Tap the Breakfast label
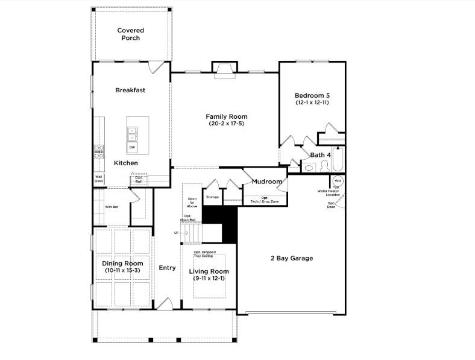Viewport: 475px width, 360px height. [x=130, y=90]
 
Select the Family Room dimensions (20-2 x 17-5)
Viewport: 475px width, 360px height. [x=226, y=124]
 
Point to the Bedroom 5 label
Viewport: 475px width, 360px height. [x=312, y=95]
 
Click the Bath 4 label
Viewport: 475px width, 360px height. [x=320, y=155]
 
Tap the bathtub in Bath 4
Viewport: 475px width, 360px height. [x=339, y=159]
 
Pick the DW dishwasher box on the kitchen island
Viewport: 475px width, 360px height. [x=132, y=148]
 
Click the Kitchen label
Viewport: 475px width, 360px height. [x=126, y=163]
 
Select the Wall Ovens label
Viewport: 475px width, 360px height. [x=98, y=179]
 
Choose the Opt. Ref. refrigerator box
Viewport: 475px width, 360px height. [x=139, y=179]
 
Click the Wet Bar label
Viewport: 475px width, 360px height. [x=112, y=207]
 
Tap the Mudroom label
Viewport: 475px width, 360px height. [x=267, y=182]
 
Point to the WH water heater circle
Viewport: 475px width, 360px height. [x=338, y=181]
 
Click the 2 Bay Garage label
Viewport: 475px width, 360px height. [x=291, y=258]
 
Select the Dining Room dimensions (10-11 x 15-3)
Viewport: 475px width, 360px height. [x=122, y=271]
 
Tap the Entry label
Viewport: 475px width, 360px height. [x=167, y=268]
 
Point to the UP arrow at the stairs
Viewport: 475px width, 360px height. [x=177, y=232]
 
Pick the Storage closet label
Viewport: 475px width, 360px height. [x=212, y=197]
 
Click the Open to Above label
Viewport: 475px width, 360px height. [x=192, y=202]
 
